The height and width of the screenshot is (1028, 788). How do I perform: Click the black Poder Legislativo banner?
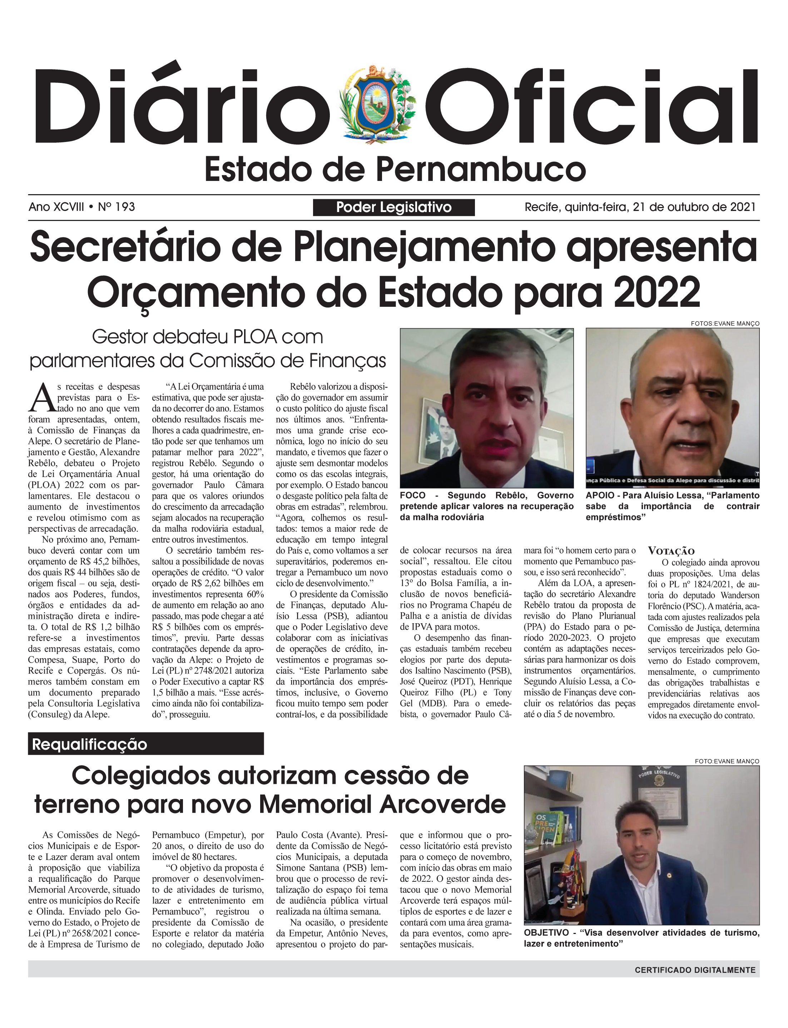[393, 207]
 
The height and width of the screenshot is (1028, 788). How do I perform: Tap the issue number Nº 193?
[117, 207]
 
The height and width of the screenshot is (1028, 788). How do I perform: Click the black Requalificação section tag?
[145, 744]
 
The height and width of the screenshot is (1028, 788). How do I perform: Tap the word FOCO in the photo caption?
[413, 496]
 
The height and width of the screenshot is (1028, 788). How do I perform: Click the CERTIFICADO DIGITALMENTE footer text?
[695, 970]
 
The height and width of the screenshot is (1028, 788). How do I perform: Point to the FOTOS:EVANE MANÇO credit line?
[725, 323]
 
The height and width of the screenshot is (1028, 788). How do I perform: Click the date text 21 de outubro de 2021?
[694, 207]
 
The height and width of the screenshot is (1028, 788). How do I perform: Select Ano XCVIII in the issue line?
[56, 207]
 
